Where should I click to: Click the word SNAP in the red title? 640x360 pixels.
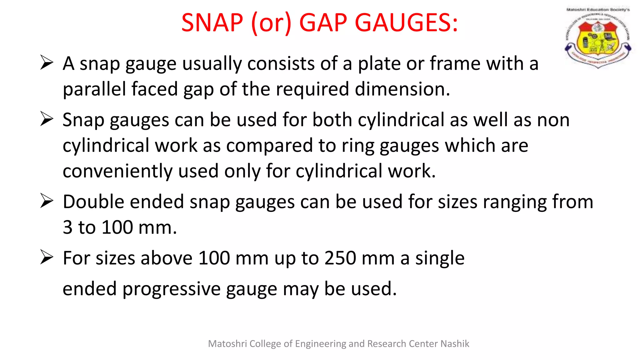(x=212, y=23)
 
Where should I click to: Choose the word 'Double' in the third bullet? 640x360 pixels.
(x=93, y=202)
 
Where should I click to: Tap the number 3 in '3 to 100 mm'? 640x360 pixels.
(x=67, y=227)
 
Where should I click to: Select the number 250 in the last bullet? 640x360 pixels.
(x=340, y=258)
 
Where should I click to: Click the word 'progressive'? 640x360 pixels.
(x=172, y=289)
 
